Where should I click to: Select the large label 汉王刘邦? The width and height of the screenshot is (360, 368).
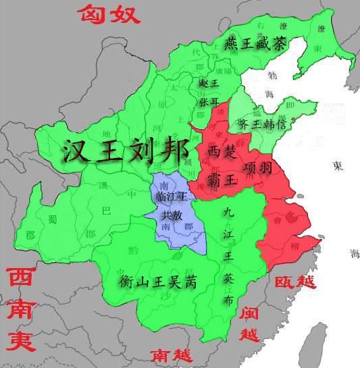(x=125, y=150)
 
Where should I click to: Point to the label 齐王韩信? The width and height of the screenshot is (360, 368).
(x=264, y=125)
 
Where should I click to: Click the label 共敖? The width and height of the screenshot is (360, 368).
(x=171, y=215)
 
